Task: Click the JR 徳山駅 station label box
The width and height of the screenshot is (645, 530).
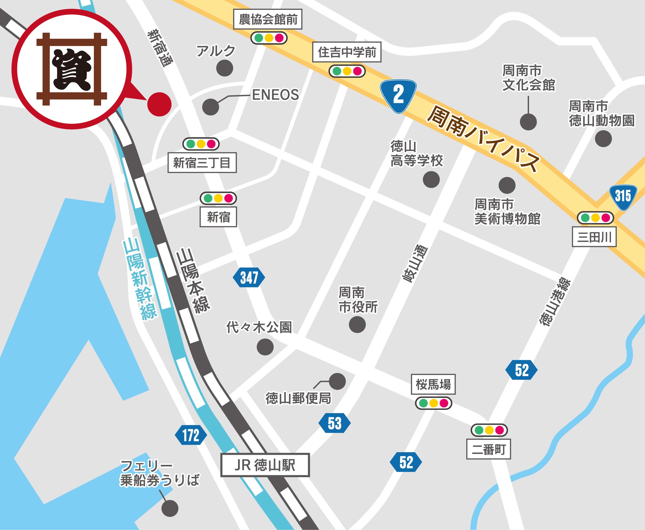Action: click(265, 465)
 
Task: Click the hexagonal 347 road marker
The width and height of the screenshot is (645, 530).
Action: click(249, 277)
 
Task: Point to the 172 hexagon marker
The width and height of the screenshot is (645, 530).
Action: click(191, 435)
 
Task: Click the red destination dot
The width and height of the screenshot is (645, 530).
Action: click(159, 104)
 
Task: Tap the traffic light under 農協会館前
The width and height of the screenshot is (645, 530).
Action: click(269, 38)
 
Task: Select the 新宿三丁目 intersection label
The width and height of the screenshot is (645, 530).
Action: click(202, 162)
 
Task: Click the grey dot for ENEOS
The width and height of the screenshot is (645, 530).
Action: click(210, 107)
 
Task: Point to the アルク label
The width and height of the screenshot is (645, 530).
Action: click(216, 51)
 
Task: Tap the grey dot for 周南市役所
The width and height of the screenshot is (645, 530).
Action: click(357, 324)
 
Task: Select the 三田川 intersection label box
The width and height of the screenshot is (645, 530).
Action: click(594, 237)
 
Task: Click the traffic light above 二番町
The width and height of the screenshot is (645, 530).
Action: click(489, 430)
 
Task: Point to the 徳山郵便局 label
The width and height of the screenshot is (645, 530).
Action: click(298, 398)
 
